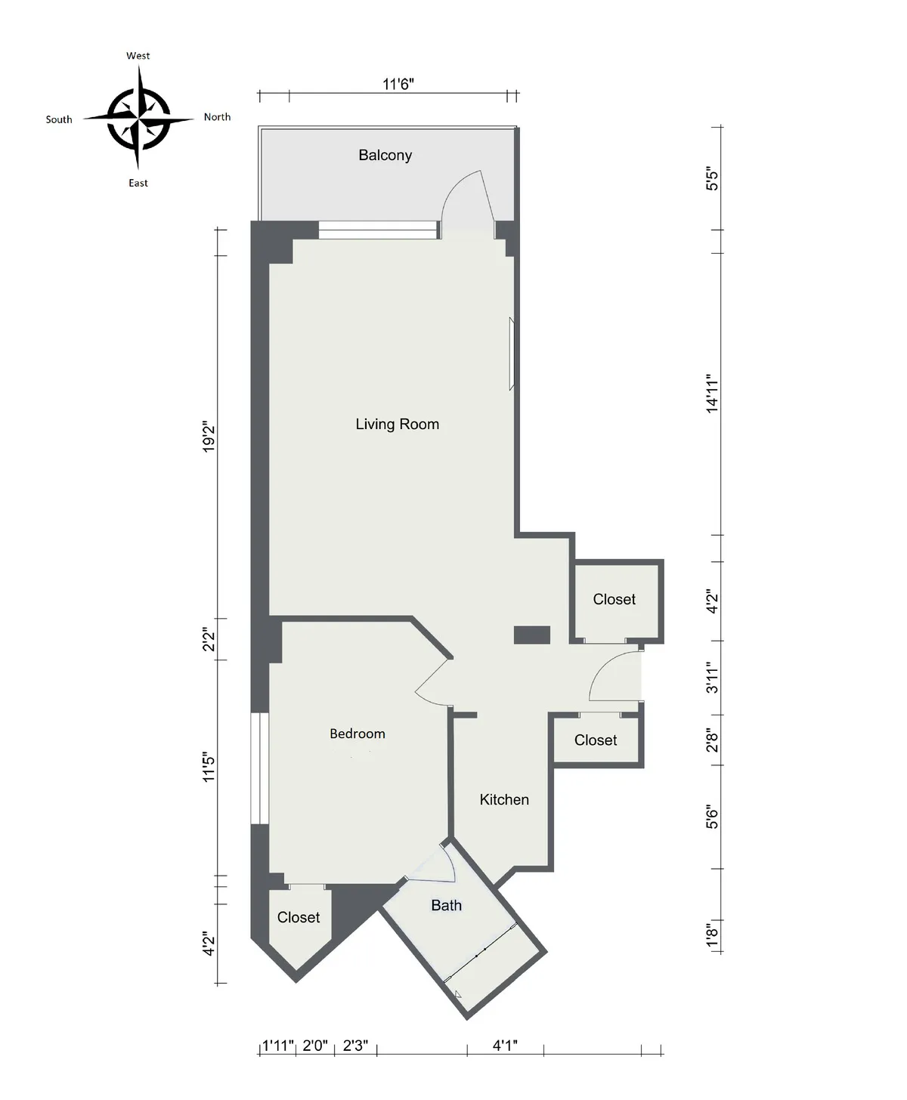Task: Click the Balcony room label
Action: tap(385, 156)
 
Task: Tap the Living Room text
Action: tap(397, 425)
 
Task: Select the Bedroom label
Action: tap(357, 734)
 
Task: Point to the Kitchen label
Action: tap(504, 799)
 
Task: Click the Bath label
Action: tap(446, 905)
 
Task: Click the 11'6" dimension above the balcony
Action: tap(398, 84)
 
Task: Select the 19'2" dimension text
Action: tap(209, 438)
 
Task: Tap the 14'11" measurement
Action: tap(712, 393)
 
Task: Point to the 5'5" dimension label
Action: tap(712, 179)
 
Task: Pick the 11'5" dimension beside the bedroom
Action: tap(209, 766)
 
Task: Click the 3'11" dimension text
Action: tap(712, 678)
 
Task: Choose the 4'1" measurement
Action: tap(504, 1046)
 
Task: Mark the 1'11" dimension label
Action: tap(277, 1046)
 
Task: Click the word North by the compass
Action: tap(217, 117)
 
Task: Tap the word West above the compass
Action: tap(138, 56)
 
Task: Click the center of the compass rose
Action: tap(138, 119)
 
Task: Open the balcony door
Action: tap(469, 204)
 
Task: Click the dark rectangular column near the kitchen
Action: tap(531, 635)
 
